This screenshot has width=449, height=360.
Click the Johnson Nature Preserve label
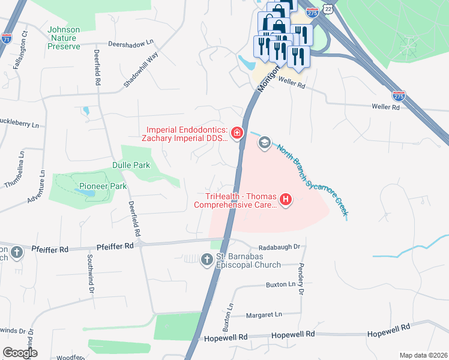pyautogui.click(x=64, y=37)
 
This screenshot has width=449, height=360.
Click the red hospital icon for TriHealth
pyautogui.click(x=286, y=199)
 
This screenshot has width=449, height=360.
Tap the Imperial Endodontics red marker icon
pyautogui.click(x=238, y=133)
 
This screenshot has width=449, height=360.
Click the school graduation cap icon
pyautogui.click(x=264, y=143)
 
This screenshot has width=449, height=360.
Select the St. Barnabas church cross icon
pyautogui.click(x=207, y=260)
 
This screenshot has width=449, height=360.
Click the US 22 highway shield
pyautogui.click(x=326, y=7)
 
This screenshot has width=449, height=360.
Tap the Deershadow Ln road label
pyautogui.click(x=131, y=44)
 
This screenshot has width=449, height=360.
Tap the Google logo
pyautogui.click(x=20, y=353)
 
